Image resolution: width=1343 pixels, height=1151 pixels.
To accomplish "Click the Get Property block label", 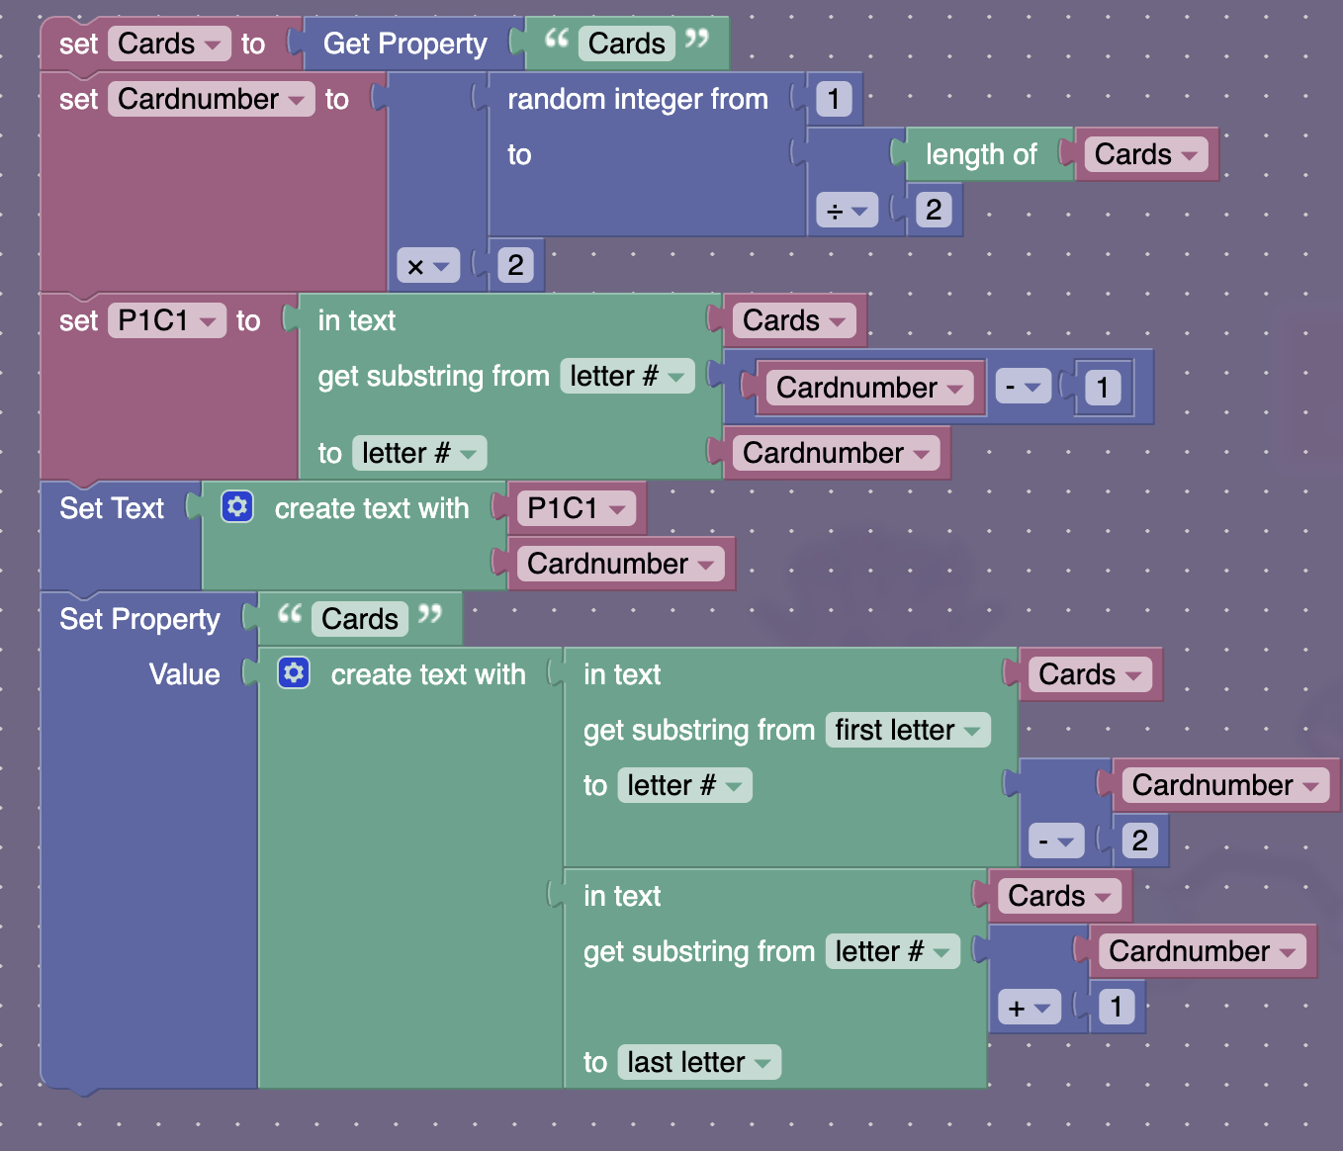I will (404, 44).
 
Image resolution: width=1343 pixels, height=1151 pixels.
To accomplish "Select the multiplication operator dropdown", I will (428, 266).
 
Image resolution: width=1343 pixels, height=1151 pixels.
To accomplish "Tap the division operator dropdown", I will (847, 211).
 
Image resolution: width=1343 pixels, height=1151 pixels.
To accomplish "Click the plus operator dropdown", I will (1029, 1008).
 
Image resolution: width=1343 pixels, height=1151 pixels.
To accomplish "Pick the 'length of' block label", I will (980, 154).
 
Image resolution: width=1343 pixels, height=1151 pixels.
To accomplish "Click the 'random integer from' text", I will (637, 99).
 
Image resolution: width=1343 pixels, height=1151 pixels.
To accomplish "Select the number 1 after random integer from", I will (834, 99).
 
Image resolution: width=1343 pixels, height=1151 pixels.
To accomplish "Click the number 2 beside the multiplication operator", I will (515, 265).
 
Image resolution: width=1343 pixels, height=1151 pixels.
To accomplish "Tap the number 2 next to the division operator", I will (933, 210).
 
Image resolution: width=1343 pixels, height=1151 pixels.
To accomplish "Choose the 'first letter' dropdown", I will (907, 730).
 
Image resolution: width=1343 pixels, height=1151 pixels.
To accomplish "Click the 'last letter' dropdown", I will (698, 1062).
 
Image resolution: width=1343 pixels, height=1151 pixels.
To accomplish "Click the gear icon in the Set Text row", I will (237, 507).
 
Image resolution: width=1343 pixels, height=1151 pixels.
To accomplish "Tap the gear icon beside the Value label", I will (294, 673).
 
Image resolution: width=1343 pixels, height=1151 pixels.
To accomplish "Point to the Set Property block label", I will (139, 619).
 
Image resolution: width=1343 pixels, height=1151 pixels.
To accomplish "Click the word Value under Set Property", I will (184, 674).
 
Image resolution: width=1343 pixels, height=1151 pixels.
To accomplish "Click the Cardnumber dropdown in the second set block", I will (211, 99).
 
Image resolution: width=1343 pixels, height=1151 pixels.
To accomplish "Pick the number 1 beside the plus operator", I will (1116, 1007).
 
